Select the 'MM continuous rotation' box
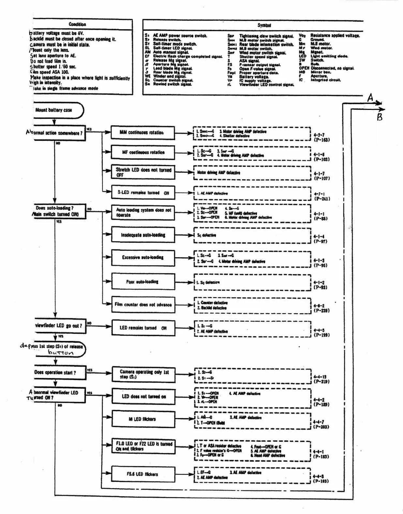[142, 133]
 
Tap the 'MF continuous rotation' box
[143, 152]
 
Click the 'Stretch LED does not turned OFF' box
[143, 172]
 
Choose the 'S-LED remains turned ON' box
[143, 193]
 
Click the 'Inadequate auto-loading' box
[143, 235]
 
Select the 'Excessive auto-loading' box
[143, 257]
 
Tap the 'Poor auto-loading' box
[143, 281]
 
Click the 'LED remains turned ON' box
[143, 328]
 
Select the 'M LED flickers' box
[143, 419]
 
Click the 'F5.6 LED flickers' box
[143, 474]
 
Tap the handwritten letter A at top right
[370, 98]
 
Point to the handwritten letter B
[380, 117]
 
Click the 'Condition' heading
[77, 24]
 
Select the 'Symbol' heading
[264, 25]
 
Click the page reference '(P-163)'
[322, 140]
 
